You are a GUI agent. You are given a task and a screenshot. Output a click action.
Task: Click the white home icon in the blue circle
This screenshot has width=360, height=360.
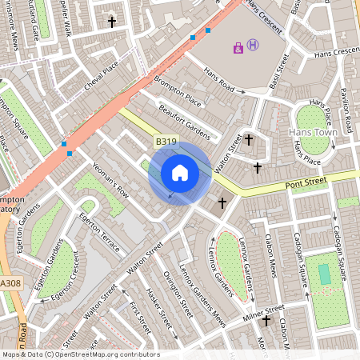180,172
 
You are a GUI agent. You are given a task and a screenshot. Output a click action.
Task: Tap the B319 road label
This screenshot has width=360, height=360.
166,142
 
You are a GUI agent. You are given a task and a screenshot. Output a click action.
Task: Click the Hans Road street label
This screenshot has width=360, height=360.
223,82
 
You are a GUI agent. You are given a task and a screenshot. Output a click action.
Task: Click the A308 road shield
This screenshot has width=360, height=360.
10,283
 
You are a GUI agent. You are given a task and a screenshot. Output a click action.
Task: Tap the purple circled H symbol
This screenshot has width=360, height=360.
253,45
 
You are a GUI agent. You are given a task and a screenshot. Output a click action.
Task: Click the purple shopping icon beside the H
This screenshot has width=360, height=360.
238,48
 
